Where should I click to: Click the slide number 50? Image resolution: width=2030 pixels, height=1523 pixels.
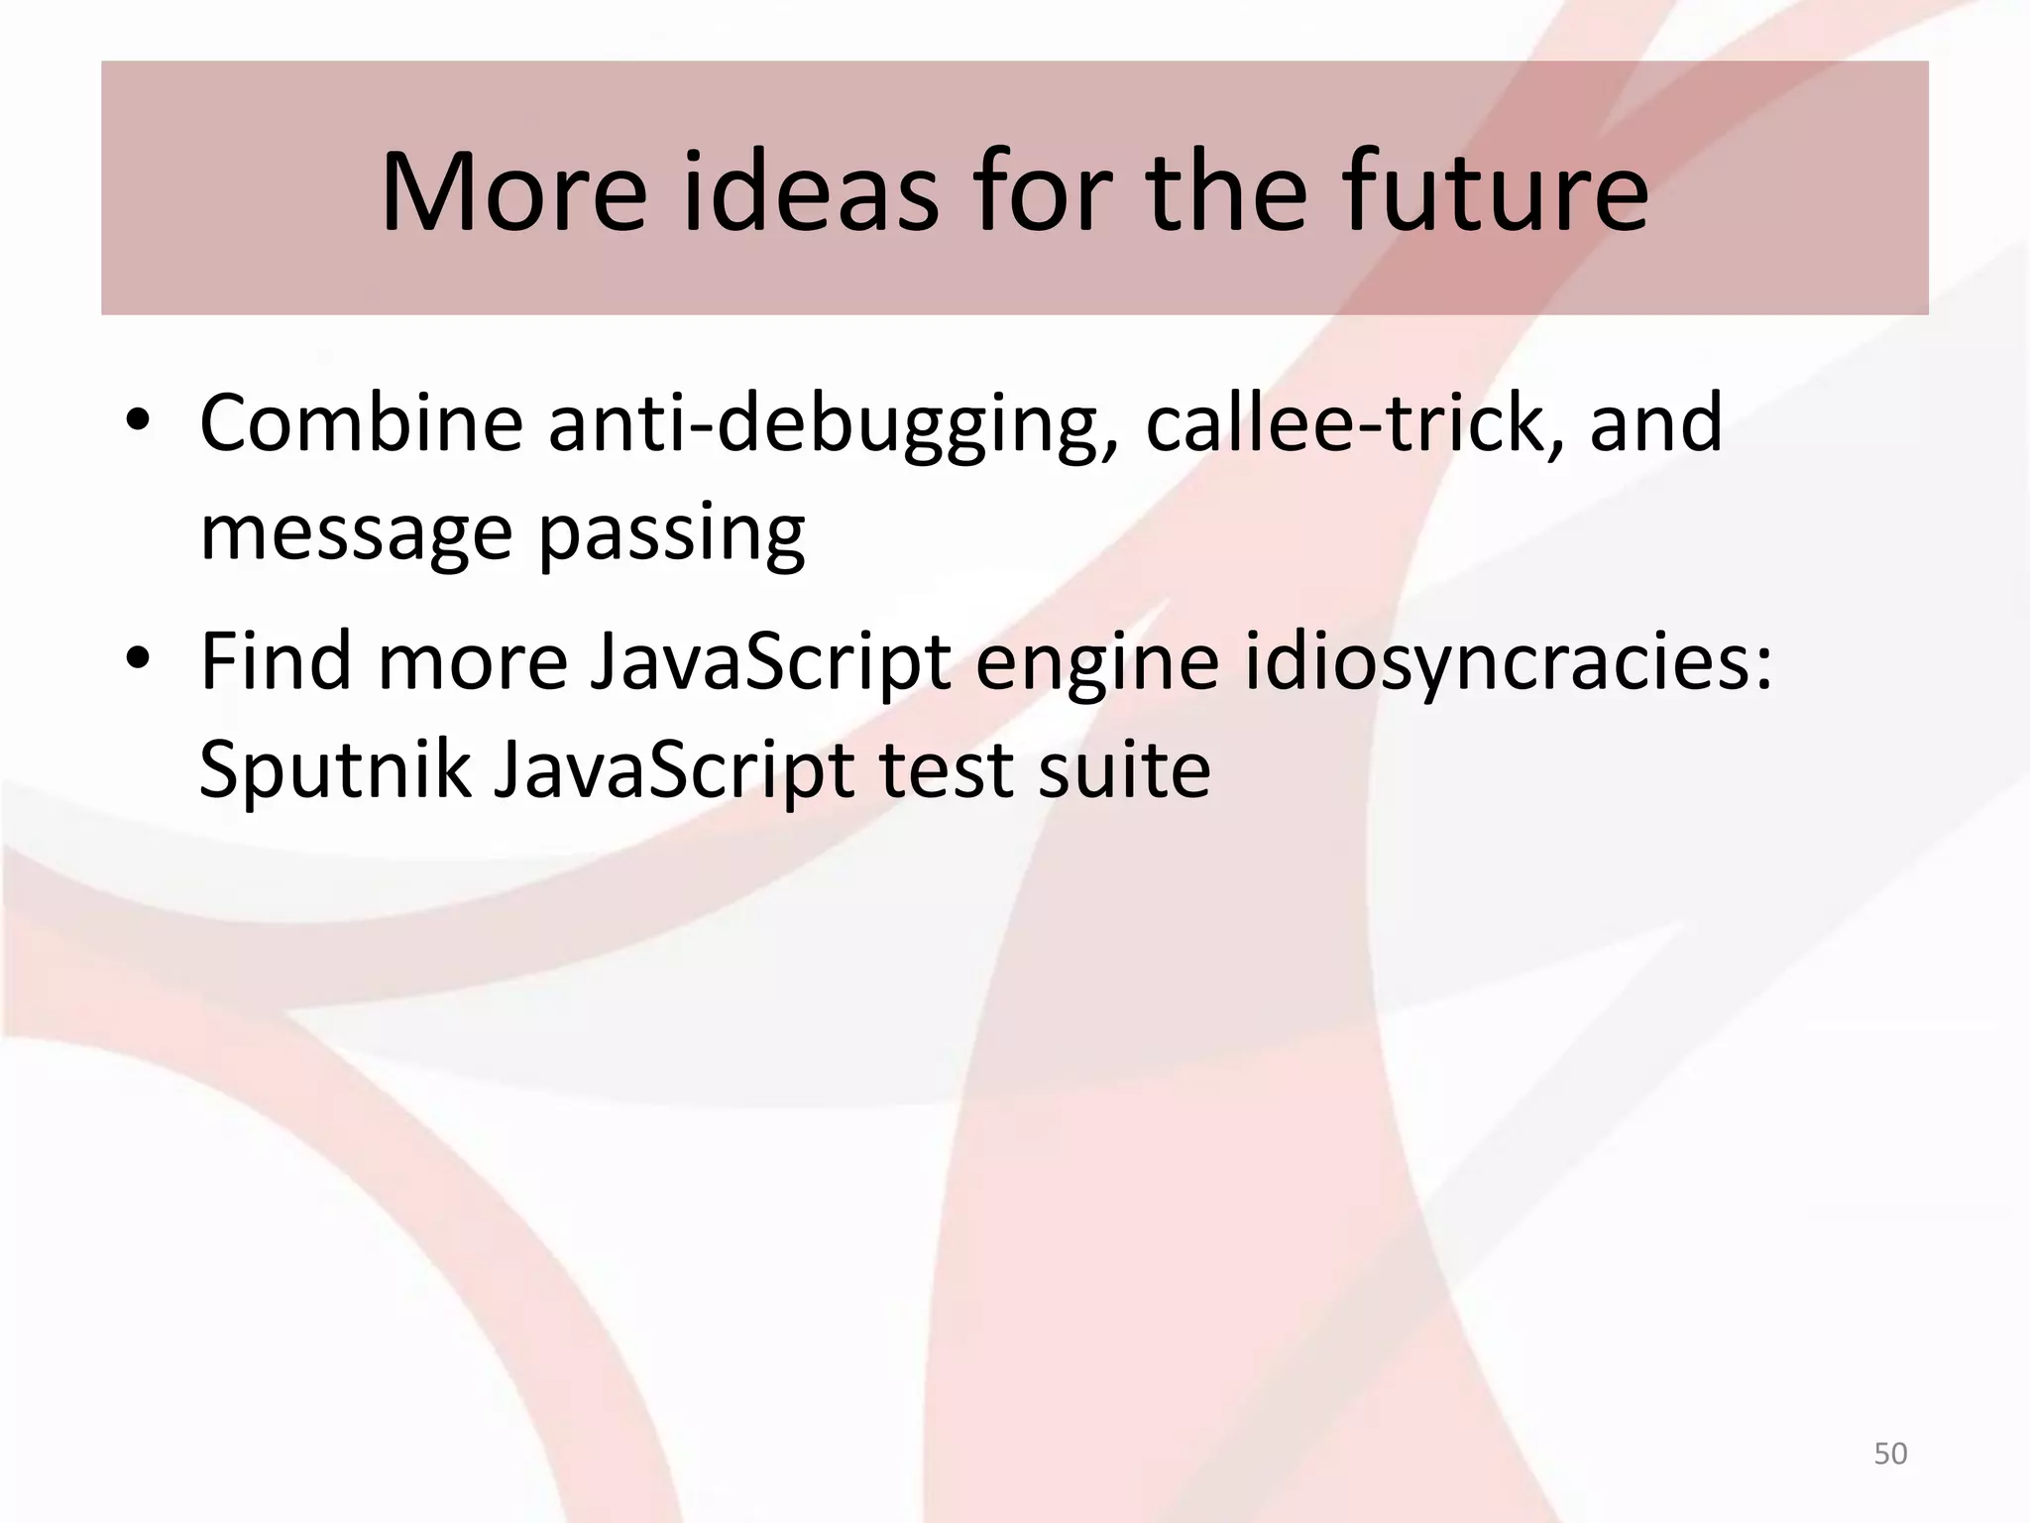(x=1890, y=1454)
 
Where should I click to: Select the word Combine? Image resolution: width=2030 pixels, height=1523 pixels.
(x=362, y=424)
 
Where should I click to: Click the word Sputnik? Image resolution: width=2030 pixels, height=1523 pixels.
(x=334, y=771)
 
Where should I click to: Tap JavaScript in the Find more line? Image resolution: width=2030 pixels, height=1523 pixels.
(x=770, y=662)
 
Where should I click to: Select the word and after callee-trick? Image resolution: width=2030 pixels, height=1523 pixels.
(x=1656, y=424)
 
